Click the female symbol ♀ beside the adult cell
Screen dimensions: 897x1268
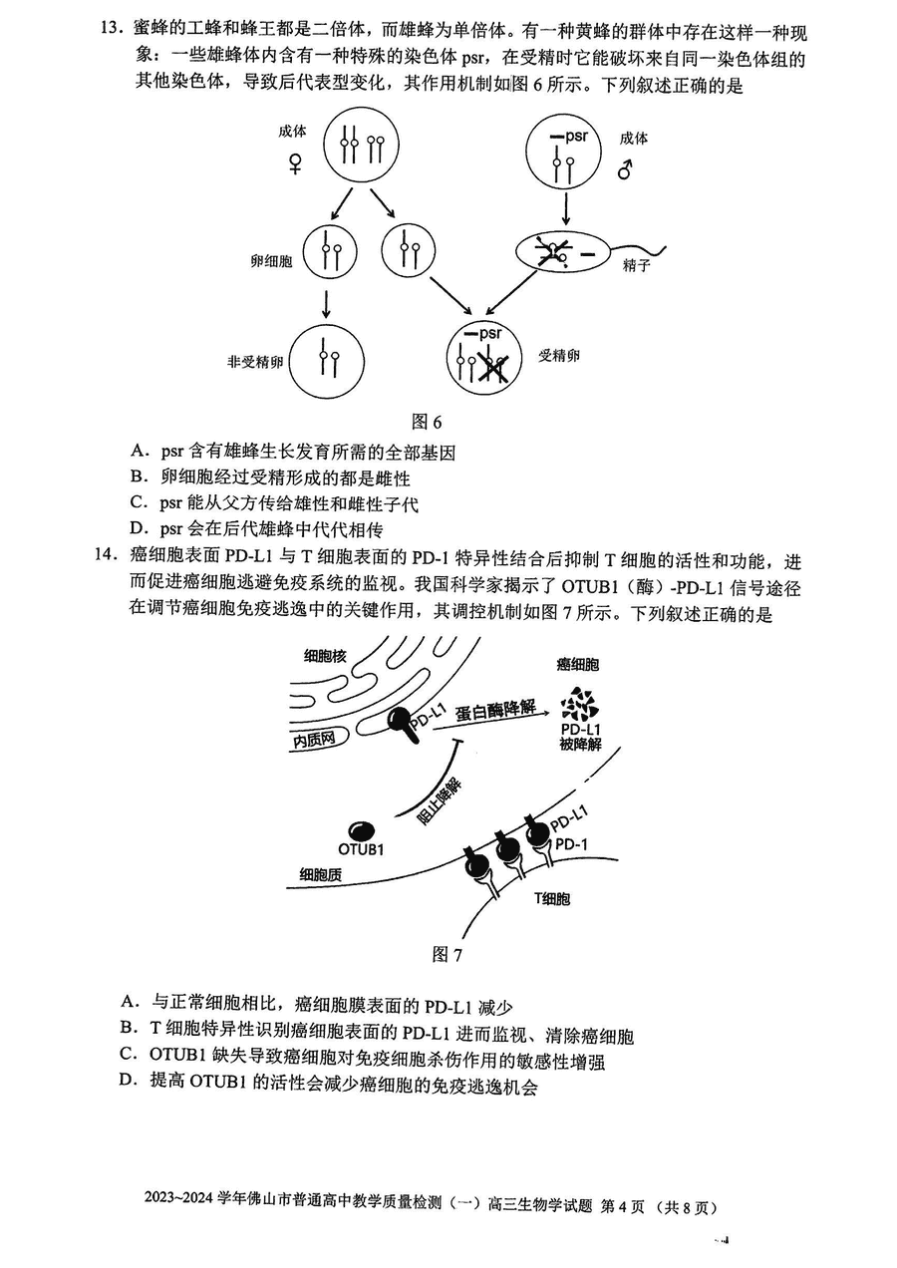click(x=295, y=164)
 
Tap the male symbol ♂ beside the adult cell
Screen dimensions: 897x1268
click(x=625, y=168)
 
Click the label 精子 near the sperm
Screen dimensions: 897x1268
click(x=637, y=265)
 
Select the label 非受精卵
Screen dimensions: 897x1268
click(x=255, y=362)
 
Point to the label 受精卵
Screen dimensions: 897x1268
click(x=558, y=356)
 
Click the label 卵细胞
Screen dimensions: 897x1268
click(x=272, y=261)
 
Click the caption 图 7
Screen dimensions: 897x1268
click(x=448, y=954)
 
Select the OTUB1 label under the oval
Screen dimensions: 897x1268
click(x=361, y=849)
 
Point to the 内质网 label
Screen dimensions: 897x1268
click(x=315, y=740)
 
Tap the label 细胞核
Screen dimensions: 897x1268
click(x=325, y=656)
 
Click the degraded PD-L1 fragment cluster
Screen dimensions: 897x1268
click(x=579, y=704)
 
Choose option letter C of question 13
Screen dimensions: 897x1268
click(x=138, y=502)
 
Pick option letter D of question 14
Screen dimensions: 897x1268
click(x=128, y=1080)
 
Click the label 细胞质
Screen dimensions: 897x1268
click(x=320, y=874)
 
